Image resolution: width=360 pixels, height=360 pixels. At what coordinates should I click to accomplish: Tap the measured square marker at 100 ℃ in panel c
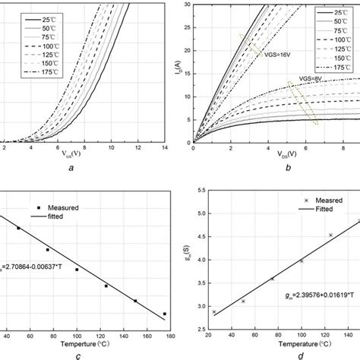tap(77, 269)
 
